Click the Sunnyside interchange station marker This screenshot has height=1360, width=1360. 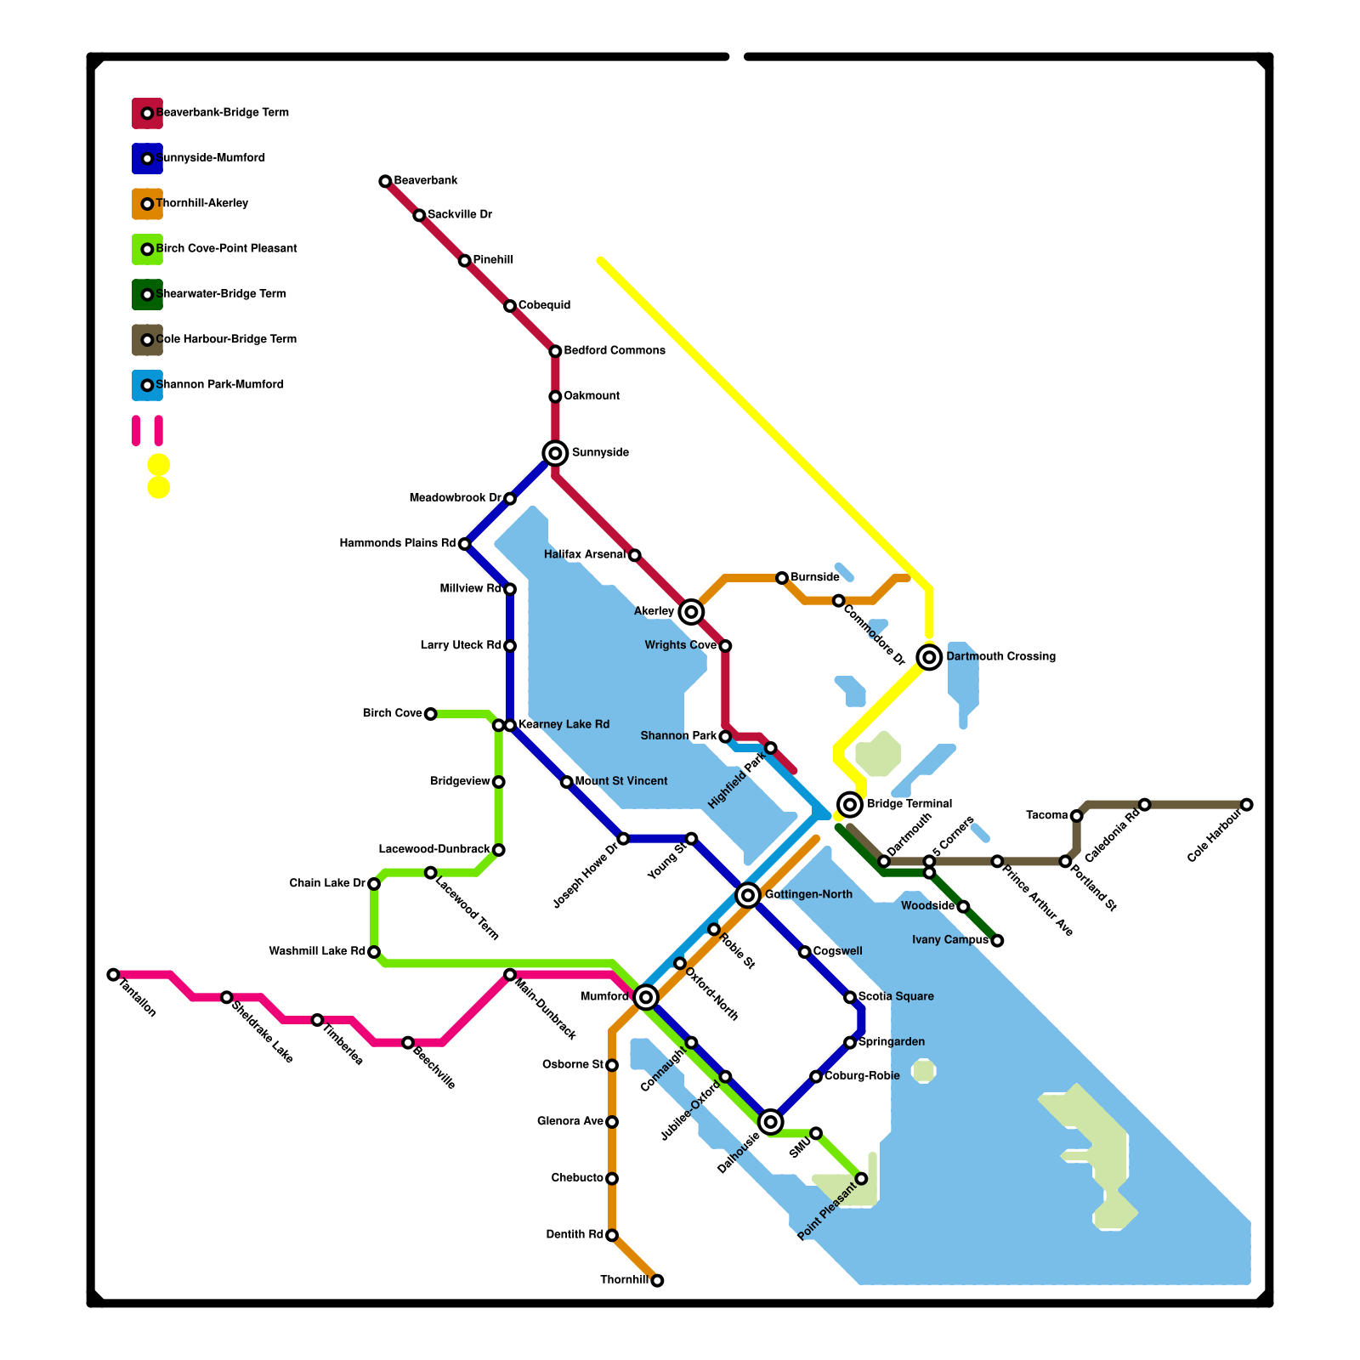point(555,453)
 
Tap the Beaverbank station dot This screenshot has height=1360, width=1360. point(385,181)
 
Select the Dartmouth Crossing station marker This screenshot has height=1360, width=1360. point(930,657)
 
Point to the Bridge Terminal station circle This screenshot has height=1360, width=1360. point(850,804)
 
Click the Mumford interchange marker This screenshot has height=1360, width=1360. point(646,997)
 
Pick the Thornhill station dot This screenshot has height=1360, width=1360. point(657,1280)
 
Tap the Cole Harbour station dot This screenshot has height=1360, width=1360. point(1246,804)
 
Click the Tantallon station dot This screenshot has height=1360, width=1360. point(113,974)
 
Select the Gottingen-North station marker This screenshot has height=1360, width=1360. point(748,895)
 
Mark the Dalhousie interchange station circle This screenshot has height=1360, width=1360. point(771,1122)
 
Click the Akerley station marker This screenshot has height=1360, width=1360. point(692,611)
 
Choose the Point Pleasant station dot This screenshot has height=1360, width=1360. point(861,1178)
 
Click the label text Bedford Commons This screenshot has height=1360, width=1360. point(615,351)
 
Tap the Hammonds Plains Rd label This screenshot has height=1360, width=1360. point(397,543)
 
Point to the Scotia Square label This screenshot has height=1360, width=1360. point(896,996)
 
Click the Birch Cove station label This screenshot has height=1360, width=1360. point(392,713)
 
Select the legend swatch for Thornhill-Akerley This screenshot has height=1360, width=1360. point(147,204)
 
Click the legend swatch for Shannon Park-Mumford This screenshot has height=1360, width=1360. point(147,385)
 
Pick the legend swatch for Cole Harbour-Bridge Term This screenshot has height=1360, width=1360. point(147,340)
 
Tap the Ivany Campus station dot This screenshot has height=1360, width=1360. point(997,940)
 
